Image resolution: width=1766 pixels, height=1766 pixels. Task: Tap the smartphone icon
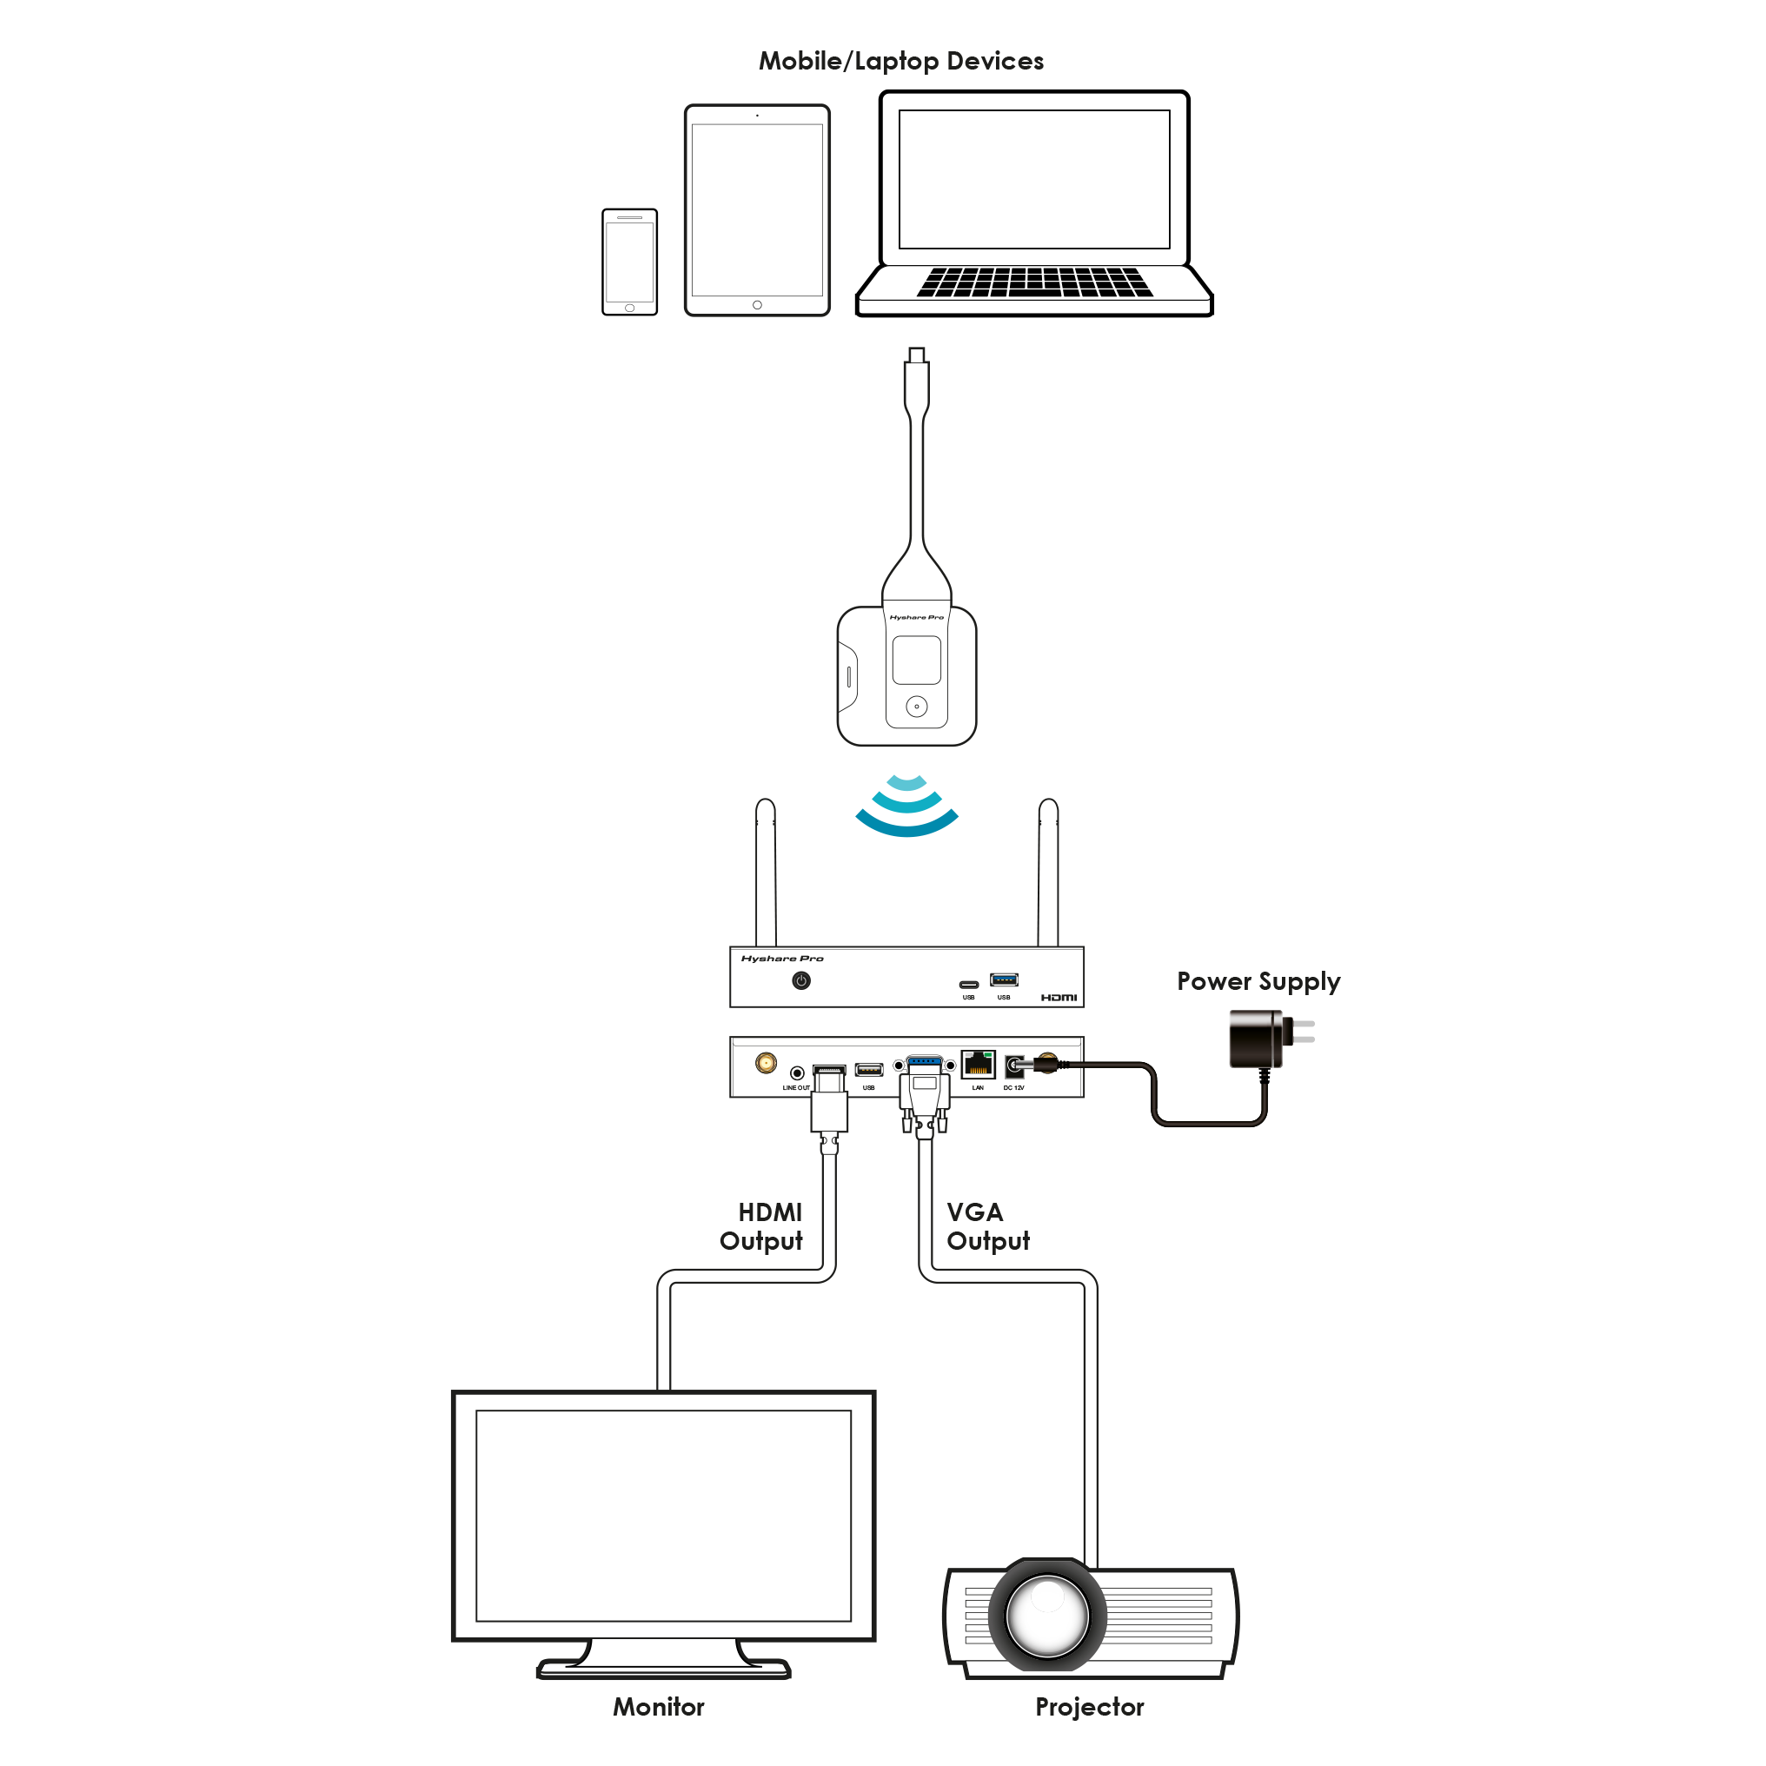tap(629, 262)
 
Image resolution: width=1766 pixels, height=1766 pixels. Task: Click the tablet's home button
tap(757, 304)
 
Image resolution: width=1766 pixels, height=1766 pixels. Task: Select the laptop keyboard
tap(1034, 282)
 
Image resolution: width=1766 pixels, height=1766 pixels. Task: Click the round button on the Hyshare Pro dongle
tap(916, 706)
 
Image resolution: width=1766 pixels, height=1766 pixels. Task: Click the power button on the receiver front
tap(800, 981)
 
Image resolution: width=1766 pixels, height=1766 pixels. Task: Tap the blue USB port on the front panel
tap(1004, 979)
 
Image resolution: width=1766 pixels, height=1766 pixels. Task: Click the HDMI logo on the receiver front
tap(1059, 997)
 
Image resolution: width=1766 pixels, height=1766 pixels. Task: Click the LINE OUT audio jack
tap(797, 1072)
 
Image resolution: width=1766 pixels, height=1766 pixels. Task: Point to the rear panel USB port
tap(868, 1070)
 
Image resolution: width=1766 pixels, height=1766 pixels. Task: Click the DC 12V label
tap(1013, 1088)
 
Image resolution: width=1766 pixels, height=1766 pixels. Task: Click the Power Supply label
tap(1258, 982)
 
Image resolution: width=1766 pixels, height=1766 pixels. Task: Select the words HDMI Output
tap(762, 1226)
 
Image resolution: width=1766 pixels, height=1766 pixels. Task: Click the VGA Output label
tap(987, 1226)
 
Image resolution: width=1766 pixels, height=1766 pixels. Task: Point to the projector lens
tap(1047, 1615)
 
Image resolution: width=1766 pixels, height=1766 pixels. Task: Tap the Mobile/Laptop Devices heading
tap(901, 61)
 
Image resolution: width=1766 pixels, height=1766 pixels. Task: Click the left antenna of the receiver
tap(766, 873)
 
